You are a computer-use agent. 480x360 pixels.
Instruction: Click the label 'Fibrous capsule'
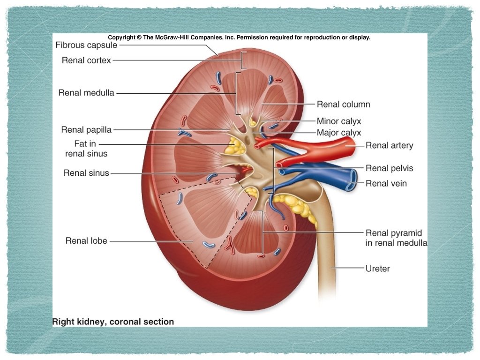click(x=86, y=45)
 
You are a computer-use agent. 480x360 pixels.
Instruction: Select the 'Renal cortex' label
click(x=86, y=60)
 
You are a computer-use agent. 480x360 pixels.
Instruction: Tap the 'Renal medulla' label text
click(x=86, y=93)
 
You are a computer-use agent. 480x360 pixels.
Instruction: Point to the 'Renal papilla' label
click(x=86, y=130)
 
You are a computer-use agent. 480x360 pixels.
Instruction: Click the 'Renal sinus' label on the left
click(x=86, y=173)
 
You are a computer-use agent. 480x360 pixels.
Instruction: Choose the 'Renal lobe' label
click(x=86, y=241)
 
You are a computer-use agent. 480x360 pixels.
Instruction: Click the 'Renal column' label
click(x=343, y=105)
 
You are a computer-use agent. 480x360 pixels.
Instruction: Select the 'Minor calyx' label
click(x=339, y=121)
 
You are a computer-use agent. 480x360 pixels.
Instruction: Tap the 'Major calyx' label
click(x=339, y=133)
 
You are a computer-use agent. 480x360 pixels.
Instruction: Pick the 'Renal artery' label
click(x=389, y=145)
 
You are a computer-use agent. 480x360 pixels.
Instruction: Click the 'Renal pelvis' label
click(x=389, y=168)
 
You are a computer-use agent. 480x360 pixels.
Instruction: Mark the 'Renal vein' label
click(x=386, y=183)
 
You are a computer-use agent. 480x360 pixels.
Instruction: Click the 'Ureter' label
click(x=377, y=269)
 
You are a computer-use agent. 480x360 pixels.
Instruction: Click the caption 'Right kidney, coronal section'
click(x=113, y=322)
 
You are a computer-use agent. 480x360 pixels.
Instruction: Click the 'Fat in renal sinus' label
click(x=86, y=149)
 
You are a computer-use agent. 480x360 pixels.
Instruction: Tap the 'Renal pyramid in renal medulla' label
click(x=396, y=238)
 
